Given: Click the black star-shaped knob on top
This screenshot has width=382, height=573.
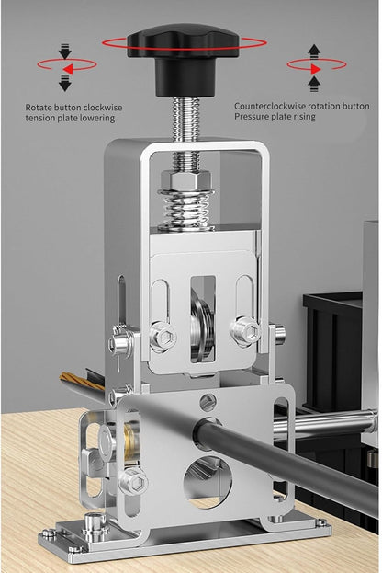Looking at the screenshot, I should tap(183, 44).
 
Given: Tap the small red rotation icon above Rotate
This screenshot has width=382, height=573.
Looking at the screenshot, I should tap(65, 66).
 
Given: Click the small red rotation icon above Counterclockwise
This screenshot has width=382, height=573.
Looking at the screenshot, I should tap(314, 65).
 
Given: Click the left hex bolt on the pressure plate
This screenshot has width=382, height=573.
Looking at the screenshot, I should tap(163, 337).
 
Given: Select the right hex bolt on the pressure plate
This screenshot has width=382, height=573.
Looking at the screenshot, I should tap(245, 331).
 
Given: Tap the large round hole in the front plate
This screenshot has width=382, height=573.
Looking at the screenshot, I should tap(208, 481).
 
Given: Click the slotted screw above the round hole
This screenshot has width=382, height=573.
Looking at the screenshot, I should tap(208, 402).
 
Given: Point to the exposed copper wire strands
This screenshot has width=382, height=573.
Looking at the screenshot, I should tap(81, 379).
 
